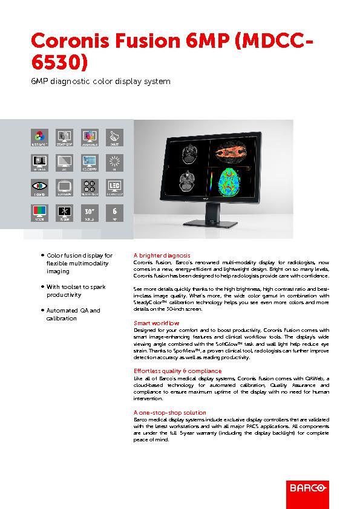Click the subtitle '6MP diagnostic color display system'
tap(100, 82)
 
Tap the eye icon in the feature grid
tap(39, 187)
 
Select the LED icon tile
tap(115, 187)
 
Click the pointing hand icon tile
tap(115, 135)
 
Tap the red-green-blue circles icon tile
tap(39, 135)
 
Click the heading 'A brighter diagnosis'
tap(162, 256)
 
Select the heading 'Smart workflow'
tap(156, 323)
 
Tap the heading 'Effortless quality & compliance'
tap(177, 371)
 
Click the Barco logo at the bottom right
tap(307, 485)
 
